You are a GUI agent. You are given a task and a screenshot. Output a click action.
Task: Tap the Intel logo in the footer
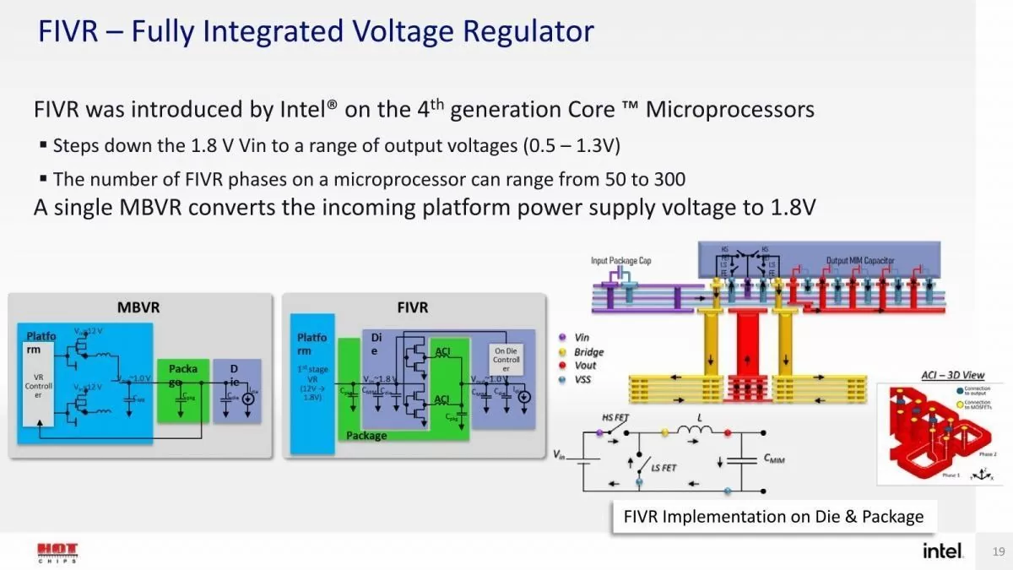pyautogui.click(x=942, y=551)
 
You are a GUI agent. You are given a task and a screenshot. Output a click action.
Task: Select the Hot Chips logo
pyautogui.click(x=58, y=553)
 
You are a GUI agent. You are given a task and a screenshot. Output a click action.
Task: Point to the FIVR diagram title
pyautogui.click(x=413, y=307)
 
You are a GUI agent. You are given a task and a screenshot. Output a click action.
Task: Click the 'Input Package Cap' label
pyautogui.click(x=620, y=261)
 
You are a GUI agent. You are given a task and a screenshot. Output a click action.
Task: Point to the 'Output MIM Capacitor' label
pyautogui.click(x=859, y=261)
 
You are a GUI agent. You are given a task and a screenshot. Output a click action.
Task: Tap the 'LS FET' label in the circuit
pyautogui.click(x=662, y=467)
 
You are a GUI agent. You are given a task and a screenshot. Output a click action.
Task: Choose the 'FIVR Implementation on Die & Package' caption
pyautogui.click(x=773, y=516)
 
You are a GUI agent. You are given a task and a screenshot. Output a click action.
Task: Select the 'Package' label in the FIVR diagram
pyautogui.click(x=366, y=436)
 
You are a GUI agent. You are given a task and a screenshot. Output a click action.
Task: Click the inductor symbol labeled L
pyautogui.click(x=696, y=432)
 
